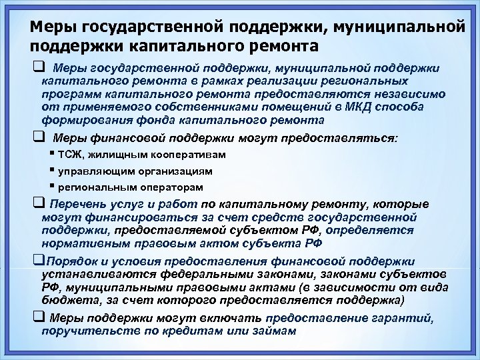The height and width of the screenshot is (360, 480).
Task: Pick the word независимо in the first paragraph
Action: point(407,95)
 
